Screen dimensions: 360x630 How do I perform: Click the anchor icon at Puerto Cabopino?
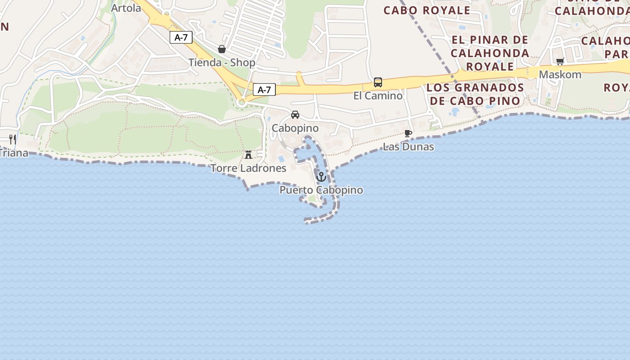coord(321,177)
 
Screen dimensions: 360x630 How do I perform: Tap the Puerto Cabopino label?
coord(321,190)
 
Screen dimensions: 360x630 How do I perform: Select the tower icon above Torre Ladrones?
coord(248,155)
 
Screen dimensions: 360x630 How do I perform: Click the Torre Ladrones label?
coord(248,168)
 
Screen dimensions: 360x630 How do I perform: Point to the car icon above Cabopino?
coord(295,115)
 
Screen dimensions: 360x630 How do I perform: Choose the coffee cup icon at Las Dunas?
coord(408,134)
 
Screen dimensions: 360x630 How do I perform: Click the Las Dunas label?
coord(408,147)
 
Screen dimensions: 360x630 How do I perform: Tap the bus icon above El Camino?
coord(378,82)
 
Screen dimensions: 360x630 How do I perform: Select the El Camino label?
coord(378,95)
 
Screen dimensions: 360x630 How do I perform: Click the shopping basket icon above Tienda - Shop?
coord(222,49)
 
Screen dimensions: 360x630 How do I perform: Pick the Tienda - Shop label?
coord(222,63)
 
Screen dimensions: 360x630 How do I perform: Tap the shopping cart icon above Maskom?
coord(560,61)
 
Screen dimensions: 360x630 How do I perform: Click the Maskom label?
coord(560,74)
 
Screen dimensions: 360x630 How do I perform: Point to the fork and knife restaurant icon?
coord(13,139)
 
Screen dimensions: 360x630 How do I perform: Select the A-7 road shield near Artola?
coord(181,37)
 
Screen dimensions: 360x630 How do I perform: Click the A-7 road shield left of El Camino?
coord(264,90)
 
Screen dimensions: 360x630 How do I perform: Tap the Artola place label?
coord(126,8)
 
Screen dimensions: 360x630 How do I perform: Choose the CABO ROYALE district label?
coord(427,10)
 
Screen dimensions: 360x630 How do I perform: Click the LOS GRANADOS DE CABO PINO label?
coord(475,94)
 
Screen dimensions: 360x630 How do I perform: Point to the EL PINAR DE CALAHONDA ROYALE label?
coord(490,53)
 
